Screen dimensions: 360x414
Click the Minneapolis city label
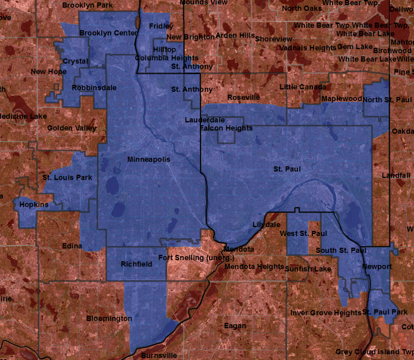pos(149,160)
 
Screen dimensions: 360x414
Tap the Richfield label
pos(137,264)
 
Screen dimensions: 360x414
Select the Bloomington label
pos(109,318)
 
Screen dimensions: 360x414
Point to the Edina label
pos(72,246)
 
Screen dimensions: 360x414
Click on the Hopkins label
pos(34,205)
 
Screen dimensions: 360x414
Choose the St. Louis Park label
pos(68,177)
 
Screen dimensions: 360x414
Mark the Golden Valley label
pos(72,128)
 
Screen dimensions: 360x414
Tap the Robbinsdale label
pos(94,88)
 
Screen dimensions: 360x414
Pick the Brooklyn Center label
pos(108,33)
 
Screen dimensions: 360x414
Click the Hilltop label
pos(165,49)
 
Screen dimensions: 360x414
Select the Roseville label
pos(244,97)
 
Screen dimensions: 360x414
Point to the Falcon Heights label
pos(226,128)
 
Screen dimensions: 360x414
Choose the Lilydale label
pos(264,224)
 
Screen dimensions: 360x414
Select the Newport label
pos(377,267)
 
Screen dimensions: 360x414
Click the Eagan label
pos(235,326)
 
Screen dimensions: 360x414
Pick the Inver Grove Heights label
pos(326,313)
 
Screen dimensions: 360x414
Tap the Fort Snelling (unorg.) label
pos(196,258)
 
